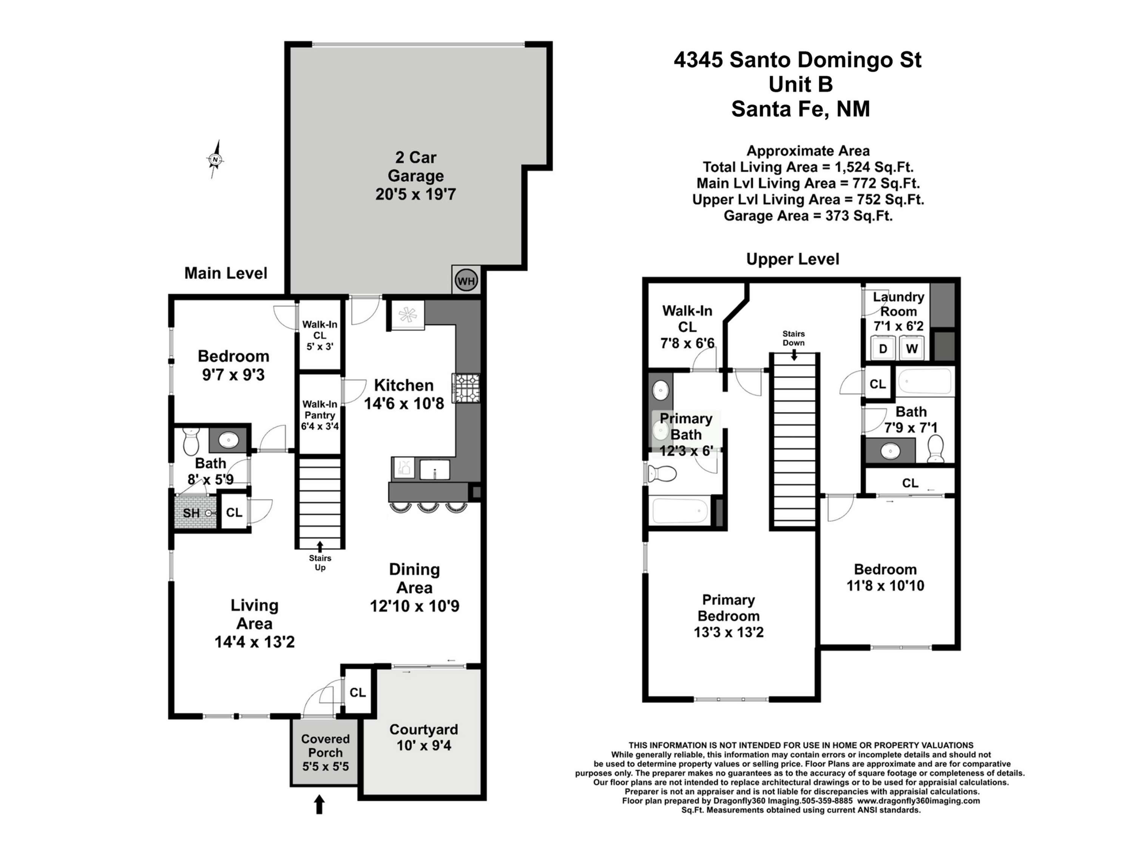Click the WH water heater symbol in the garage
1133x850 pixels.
click(466, 280)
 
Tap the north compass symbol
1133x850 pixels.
click(216, 160)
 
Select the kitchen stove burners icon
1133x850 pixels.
click(466, 388)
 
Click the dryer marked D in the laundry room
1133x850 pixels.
click(883, 348)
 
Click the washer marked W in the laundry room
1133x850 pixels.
click(912, 348)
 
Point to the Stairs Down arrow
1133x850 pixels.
click(793, 355)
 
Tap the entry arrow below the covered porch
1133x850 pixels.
click(319, 804)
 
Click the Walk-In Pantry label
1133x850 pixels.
click(320, 415)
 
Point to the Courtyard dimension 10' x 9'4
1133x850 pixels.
click(424, 745)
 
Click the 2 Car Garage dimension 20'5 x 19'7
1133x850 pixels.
click(415, 195)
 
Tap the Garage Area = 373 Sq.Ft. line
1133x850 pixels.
click(808, 216)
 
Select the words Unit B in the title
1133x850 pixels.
click(801, 85)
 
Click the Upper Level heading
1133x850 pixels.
click(792, 259)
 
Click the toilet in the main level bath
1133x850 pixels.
click(191, 442)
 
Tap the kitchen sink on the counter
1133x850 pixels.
click(434, 469)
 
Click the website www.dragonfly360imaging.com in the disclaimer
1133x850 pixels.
click(918, 801)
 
